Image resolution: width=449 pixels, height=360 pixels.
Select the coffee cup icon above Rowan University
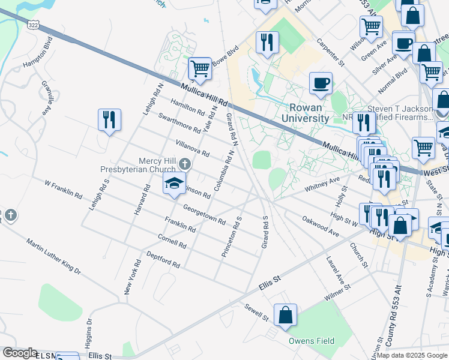321,82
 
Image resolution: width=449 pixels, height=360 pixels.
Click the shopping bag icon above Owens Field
286,314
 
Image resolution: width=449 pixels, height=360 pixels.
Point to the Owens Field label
311,341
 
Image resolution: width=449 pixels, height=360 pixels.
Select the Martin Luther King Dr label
53,256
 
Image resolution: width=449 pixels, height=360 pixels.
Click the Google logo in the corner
20,353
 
